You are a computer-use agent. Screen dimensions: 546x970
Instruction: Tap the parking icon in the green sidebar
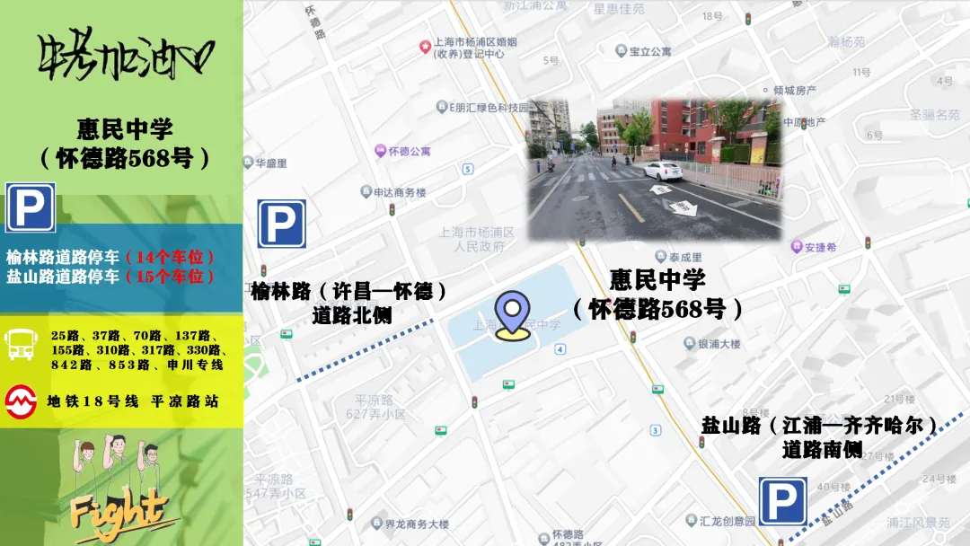pyautogui.click(x=31, y=207)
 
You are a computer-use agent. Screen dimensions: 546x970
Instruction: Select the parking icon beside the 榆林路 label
pyautogui.click(x=281, y=224)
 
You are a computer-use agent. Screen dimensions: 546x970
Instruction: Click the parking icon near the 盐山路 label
pyautogui.click(x=782, y=501)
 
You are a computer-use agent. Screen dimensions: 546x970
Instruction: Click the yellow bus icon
pyautogui.click(x=21, y=344)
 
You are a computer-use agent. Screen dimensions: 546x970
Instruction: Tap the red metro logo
pyautogui.click(x=21, y=401)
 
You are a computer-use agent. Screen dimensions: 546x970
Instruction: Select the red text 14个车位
pyautogui.click(x=169, y=258)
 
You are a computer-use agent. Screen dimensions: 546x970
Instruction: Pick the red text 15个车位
pyautogui.click(x=169, y=277)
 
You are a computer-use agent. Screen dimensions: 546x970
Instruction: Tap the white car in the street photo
pyautogui.click(x=663, y=171)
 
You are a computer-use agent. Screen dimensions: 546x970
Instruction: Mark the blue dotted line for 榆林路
pyautogui.click(x=364, y=350)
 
